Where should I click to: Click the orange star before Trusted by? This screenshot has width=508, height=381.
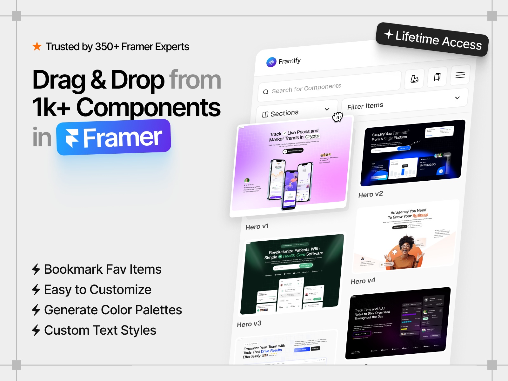click(37, 46)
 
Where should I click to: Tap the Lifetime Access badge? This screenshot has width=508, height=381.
click(432, 40)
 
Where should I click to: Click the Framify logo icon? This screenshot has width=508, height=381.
click(271, 62)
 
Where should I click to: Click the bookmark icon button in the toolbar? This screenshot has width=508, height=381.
click(437, 77)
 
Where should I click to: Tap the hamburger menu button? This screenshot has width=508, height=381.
click(460, 75)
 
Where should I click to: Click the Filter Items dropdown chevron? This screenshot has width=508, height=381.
click(457, 98)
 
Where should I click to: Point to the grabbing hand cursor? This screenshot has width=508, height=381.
click(338, 117)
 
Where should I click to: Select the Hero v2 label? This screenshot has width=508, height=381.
click(371, 194)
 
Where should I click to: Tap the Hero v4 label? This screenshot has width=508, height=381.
click(363, 281)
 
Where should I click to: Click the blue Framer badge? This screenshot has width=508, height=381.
click(114, 137)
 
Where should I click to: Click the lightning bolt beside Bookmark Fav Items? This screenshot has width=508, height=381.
click(36, 269)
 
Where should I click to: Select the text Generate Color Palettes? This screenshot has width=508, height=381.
click(113, 310)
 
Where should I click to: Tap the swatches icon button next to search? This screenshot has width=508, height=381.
click(414, 79)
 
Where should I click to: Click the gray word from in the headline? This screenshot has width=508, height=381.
click(195, 80)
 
